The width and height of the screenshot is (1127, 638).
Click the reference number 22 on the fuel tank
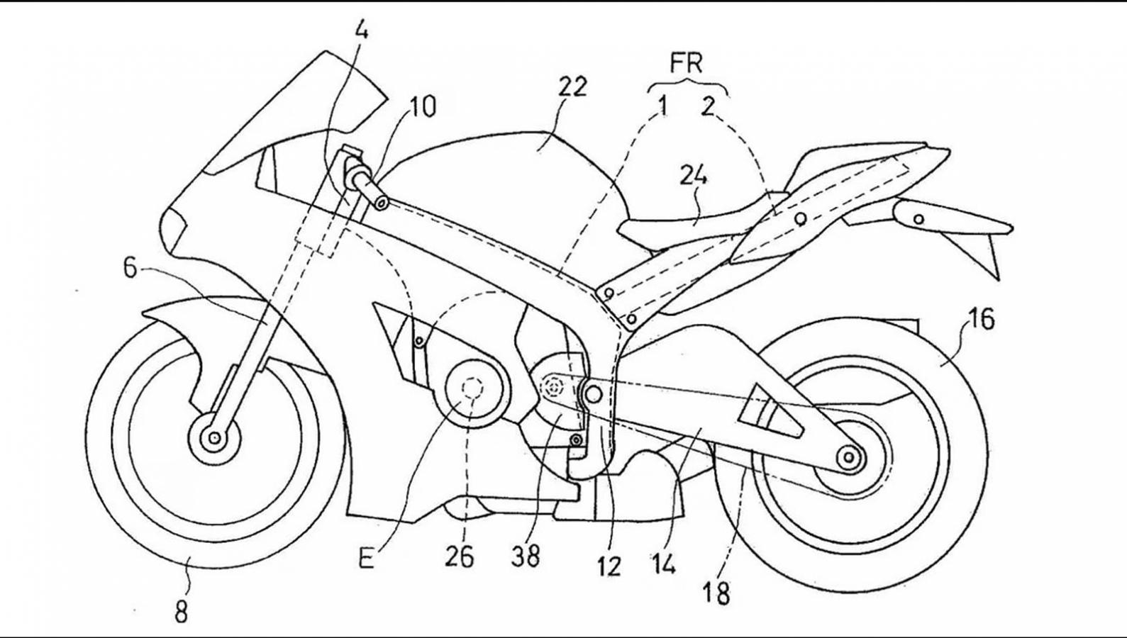pyautogui.click(x=572, y=86)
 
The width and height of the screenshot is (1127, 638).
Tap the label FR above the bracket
pyautogui.click(x=686, y=63)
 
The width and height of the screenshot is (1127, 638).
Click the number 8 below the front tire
pyautogui.click(x=182, y=611)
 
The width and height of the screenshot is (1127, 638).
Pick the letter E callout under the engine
pyautogui.click(x=366, y=559)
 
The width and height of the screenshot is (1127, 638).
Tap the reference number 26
pyautogui.click(x=459, y=557)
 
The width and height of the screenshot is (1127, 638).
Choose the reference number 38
pyautogui.click(x=525, y=557)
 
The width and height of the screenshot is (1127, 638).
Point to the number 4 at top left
pyautogui.click(x=362, y=31)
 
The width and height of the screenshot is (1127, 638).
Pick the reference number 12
pyautogui.click(x=609, y=565)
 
